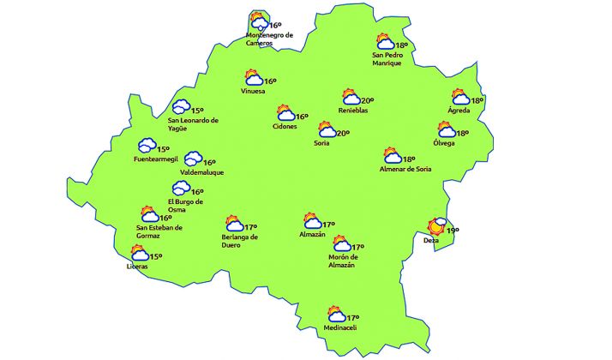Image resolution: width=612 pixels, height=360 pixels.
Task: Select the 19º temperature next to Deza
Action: [453, 230]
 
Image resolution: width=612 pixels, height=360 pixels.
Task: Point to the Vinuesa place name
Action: [254, 91]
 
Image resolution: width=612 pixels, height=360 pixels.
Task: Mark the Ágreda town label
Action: [460, 111]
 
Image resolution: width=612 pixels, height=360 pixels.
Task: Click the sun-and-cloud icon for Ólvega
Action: [446, 131]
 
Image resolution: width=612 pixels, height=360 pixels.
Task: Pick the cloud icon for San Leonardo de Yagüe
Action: [181, 107]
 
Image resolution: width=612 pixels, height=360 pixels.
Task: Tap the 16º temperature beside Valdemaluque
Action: [209, 163]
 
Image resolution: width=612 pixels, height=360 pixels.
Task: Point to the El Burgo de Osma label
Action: [185, 206]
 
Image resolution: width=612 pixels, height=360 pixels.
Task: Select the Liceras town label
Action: [137, 267]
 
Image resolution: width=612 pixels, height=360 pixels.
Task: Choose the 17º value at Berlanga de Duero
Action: [250, 226]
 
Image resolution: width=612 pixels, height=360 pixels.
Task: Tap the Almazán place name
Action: [313, 234]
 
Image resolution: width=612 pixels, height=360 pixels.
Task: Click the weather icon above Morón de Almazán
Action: [342, 245]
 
